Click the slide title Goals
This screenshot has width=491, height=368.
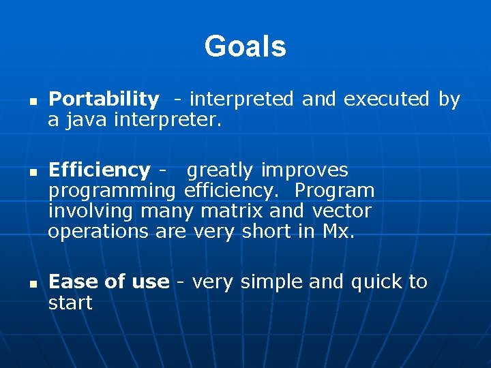tap(245, 47)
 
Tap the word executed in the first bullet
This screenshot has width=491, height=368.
tap(386, 99)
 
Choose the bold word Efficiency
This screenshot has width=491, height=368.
tap(100, 170)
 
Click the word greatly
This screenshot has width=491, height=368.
tap(220, 170)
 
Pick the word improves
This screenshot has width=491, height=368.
tap(305, 170)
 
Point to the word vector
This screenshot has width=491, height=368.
tap(342, 211)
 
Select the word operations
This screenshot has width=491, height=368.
tap(98, 232)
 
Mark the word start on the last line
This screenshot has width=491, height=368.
tap(70, 303)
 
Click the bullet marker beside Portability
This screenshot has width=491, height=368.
tap(31, 100)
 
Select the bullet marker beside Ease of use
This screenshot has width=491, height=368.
tap(31, 283)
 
